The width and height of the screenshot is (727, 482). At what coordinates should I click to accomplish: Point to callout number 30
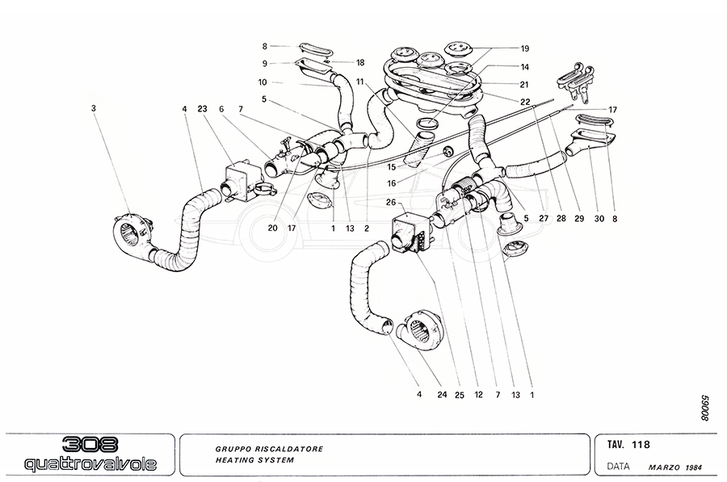(599, 216)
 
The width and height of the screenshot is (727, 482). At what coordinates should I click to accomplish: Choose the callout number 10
(264, 82)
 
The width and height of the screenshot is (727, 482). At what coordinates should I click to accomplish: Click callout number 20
(273, 228)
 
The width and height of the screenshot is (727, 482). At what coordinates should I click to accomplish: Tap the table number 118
(642, 444)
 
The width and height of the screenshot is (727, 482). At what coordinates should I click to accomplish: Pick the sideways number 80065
(705, 409)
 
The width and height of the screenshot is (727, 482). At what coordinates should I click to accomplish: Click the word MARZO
(662, 467)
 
